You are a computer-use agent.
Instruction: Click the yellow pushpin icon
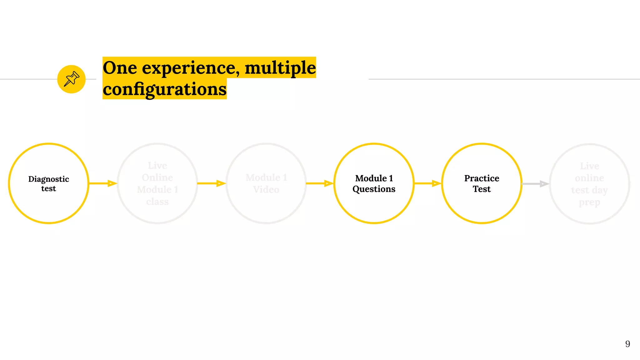click(71, 79)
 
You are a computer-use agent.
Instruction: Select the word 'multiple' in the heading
click(280, 68)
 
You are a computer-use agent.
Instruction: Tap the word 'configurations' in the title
click(165, 89)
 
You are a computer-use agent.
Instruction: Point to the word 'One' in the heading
click(120, 68)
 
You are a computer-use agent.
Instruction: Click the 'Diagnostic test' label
click(49, 184)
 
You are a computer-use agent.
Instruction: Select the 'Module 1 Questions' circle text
click(374, 184)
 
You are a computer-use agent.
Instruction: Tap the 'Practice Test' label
click(482, 184)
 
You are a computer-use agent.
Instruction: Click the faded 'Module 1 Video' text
click(266, 184)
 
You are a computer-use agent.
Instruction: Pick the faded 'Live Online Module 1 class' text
click(157, 184)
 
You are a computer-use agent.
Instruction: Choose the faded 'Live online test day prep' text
click(589, 184)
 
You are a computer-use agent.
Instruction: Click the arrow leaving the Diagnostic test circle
click(103, 183)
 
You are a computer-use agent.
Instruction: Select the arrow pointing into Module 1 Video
click(212, 183)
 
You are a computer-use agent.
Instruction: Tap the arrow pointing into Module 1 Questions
click(320, 183)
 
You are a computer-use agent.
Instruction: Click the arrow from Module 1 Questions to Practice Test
click(428, 183)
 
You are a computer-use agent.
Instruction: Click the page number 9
click(627, 344)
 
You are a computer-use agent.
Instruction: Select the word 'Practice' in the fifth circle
click(482, 178)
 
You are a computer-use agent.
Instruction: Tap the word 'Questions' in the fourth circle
click(374, 189)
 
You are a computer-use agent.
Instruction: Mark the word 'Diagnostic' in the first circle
click(49, 179)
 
